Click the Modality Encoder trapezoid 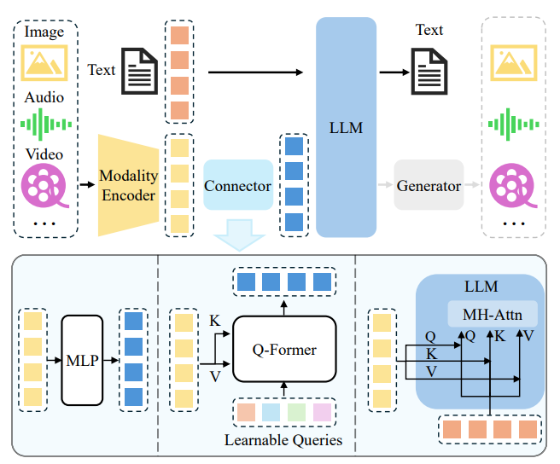point(128,184)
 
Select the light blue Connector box point(238,185)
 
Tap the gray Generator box point(429,185)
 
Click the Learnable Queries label point(283,440)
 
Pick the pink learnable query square point(321,413)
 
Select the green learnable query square point(295,413)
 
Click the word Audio point(44,97)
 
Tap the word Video point(44,154)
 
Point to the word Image point(44,33)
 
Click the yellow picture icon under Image point(44,62)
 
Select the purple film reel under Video point(44,185)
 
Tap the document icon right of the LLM point(429,70)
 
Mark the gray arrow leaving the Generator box point(474,185)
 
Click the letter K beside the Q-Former point(213,320)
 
